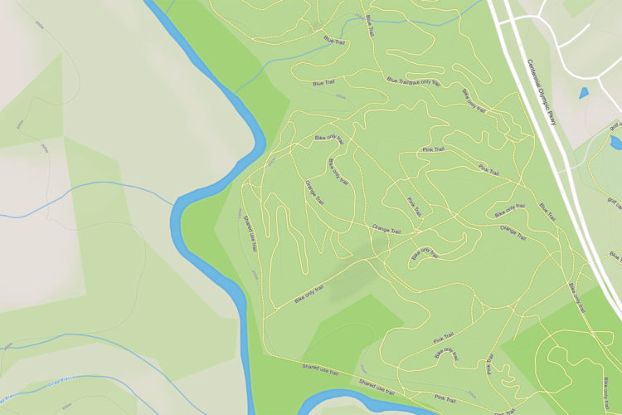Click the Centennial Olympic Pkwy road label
pyautogui.click(x=544, y=91)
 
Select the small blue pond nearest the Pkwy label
pyautogui.click(x=585, y=92)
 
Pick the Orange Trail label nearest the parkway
pyautogui.click(x=514, y=232)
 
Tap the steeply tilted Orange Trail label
pyautogui.click(x=314, y=192)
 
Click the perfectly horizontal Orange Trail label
pyautogui.click(x=386, y=227)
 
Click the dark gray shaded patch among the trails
pyautogui.click(x=349, y=282)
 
